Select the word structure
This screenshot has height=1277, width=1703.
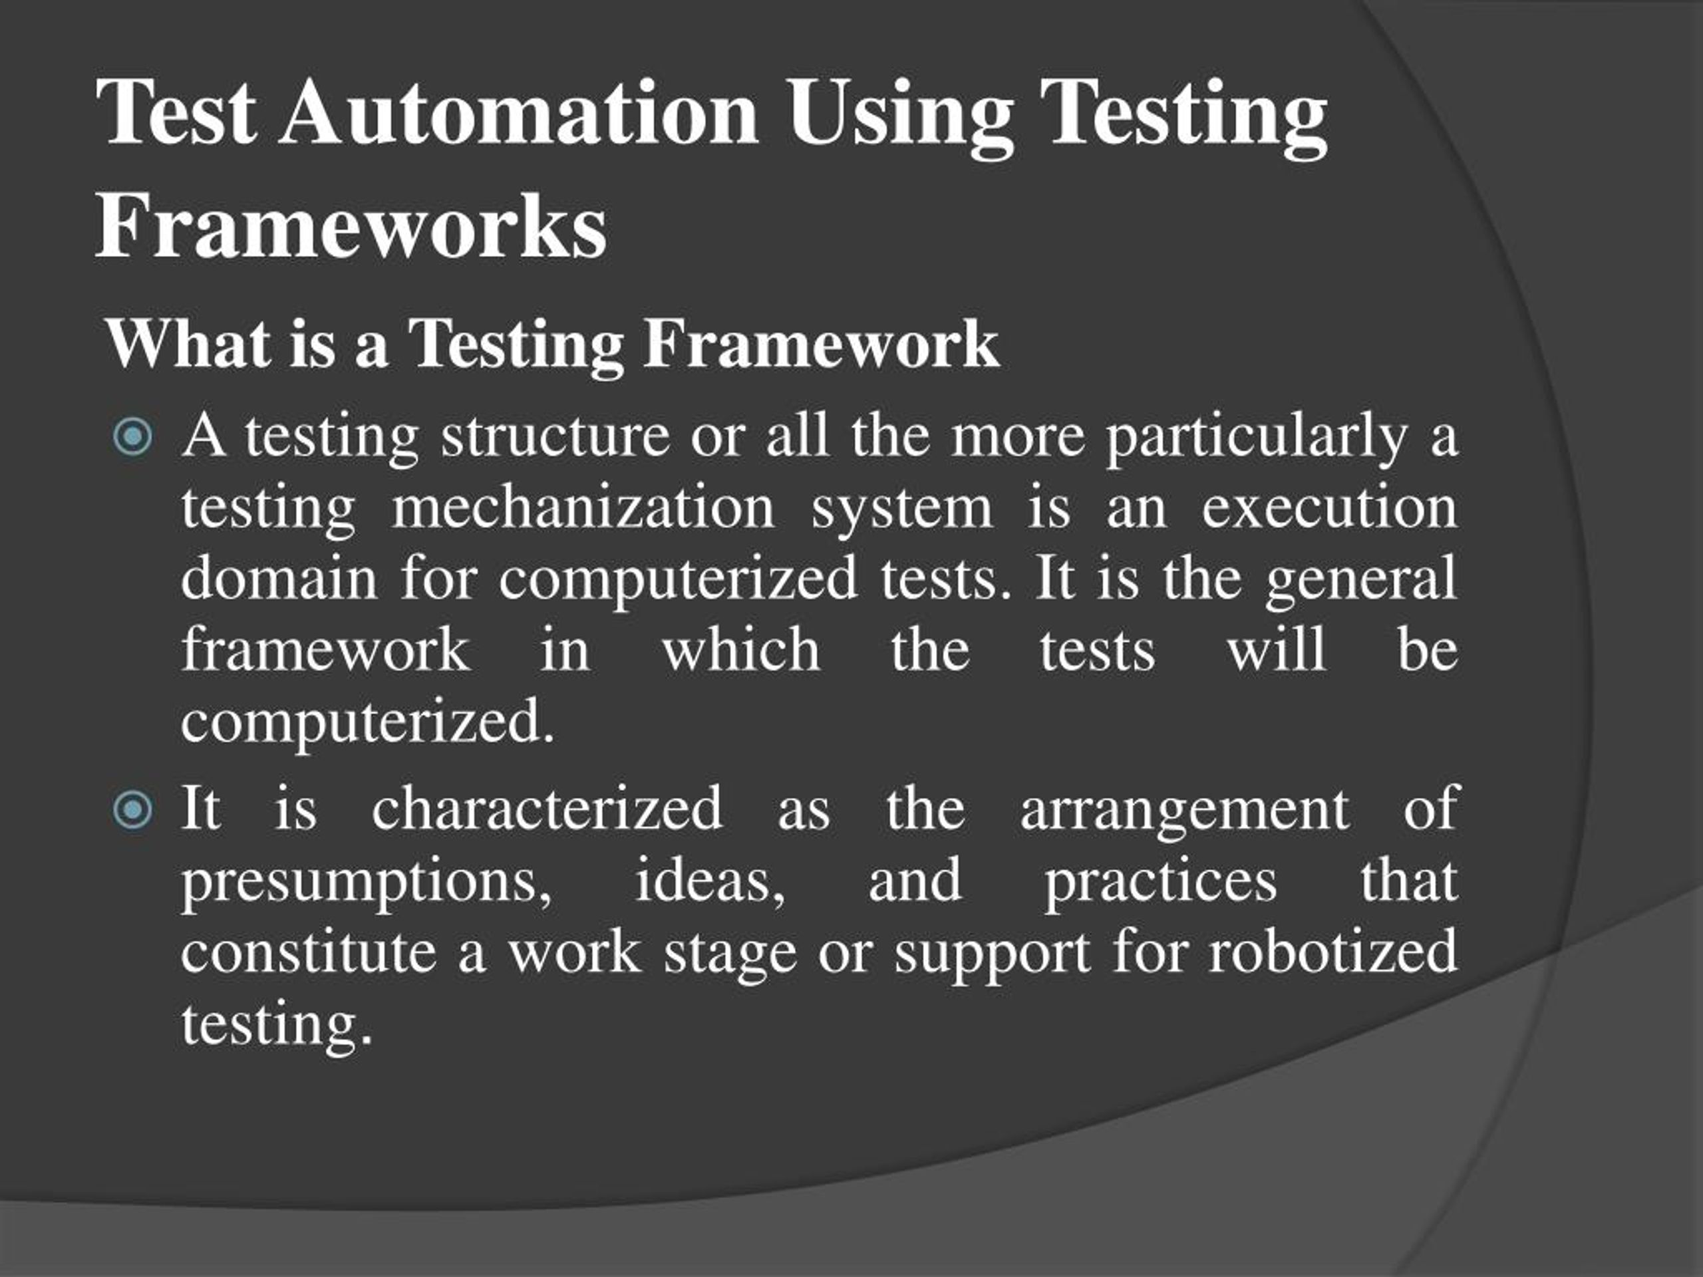(x=555, y=436)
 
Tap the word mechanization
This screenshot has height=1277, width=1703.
(x=583, y=508)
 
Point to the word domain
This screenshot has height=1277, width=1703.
(x=279, y=578)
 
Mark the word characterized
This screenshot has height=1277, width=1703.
(x=547, y=808)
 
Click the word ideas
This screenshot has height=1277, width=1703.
(x=709, y=881)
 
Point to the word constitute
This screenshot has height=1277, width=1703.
(x=309, y=952)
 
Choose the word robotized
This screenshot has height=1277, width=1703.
(x=1332, y=952)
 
